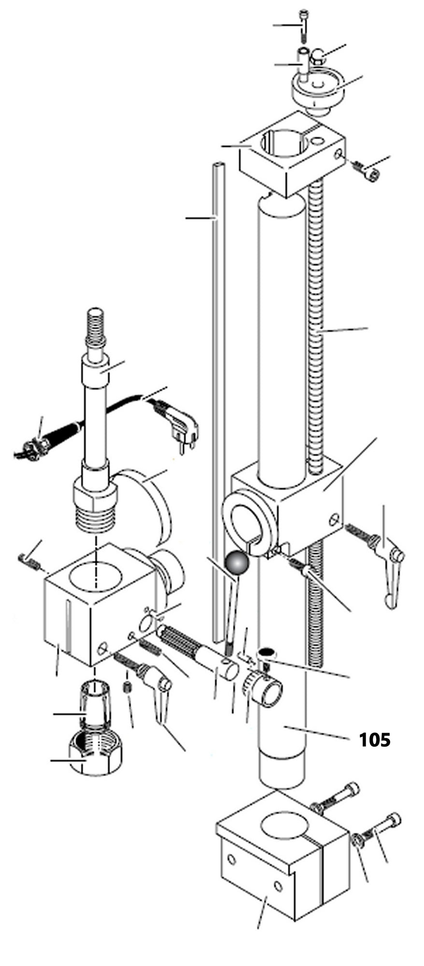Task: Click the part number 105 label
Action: click(x=374, y=739)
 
